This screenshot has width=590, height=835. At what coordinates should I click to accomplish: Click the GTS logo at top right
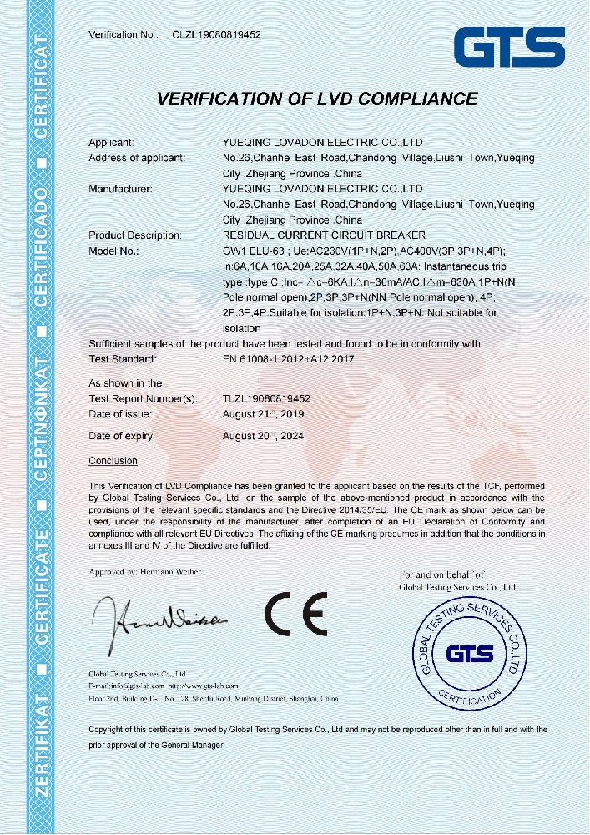tap(509, 47)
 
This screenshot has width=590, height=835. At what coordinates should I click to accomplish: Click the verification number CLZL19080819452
tap(217, 35)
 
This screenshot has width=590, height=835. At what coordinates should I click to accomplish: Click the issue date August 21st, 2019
tap(263, 414)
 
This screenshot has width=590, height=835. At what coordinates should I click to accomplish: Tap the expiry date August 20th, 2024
tap(263, 436)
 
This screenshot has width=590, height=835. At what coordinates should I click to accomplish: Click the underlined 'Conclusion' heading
tap(113, 461)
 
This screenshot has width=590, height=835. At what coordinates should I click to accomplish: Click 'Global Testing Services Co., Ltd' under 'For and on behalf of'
tap(457, 587)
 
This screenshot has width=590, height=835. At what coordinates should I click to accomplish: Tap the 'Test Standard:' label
tap(122, 359)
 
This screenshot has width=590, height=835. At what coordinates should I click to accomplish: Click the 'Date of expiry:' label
tap(122, 436)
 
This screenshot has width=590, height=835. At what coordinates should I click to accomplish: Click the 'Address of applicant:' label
tap(137, 158)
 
